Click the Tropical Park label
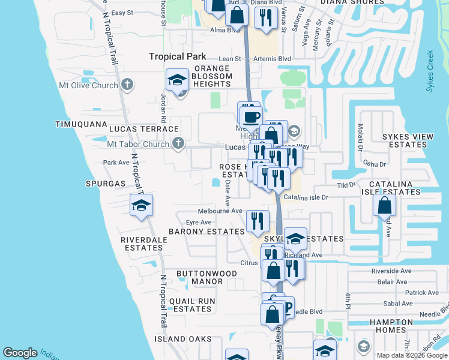click(178, 56)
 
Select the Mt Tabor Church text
click(138, 144)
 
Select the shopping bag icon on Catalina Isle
click(384, 206)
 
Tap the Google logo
click(20, 353)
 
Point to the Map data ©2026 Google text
click(411, 355)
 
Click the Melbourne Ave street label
click(220, 211)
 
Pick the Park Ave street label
click(116, 163)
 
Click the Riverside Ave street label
click(391, 271)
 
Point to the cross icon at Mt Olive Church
click(127, 85)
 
